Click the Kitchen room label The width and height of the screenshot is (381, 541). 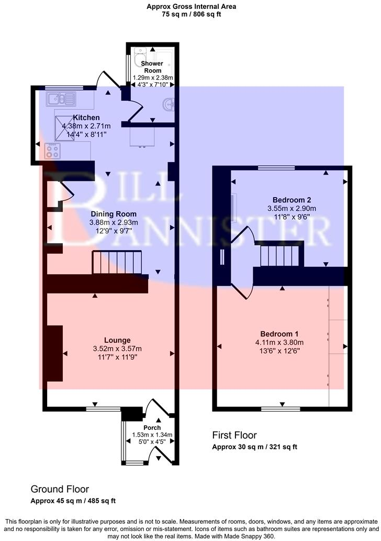pos(86,117)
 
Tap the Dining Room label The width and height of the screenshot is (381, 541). pos(114,214)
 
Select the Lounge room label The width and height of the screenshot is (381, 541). pos(117,340)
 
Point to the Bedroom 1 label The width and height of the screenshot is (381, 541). pos(283,334)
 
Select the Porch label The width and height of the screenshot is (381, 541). pos(152,428)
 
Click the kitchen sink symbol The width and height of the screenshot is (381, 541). pos(62,98)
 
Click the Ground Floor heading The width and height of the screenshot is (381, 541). pos(60,489)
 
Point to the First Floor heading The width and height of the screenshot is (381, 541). pos(234,435)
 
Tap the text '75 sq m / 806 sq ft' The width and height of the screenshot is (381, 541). pos(192,15)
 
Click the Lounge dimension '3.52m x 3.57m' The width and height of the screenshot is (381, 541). pos(117,349)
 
